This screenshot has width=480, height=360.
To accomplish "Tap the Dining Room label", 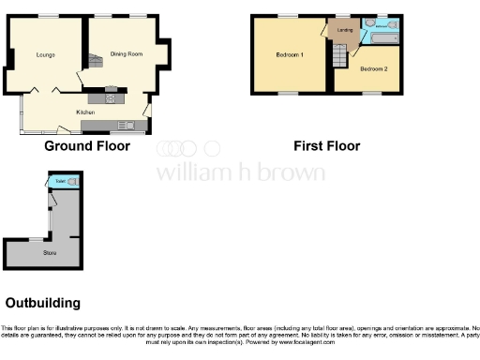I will (127, 54).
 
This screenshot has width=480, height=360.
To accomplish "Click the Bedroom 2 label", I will (372, 69).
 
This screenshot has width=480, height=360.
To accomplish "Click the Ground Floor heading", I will (86, 146).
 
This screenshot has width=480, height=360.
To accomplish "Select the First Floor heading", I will (326, 146).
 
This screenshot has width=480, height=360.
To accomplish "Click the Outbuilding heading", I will (43, 303).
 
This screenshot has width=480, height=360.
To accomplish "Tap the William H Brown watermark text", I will (240, 172).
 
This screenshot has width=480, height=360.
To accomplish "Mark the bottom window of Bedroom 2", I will (372, 93).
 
